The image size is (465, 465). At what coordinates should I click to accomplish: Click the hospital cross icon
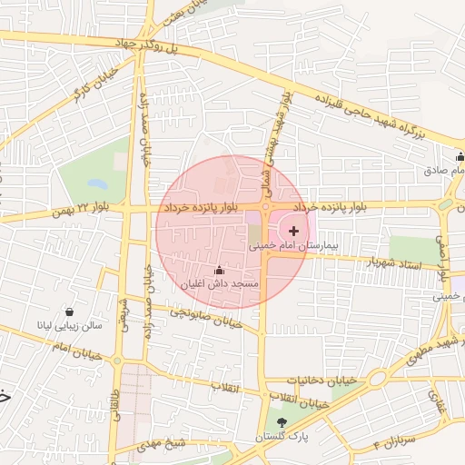292,232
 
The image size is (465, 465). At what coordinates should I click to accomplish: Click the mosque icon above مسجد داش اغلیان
219,271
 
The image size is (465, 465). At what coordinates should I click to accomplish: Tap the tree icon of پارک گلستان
282,422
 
